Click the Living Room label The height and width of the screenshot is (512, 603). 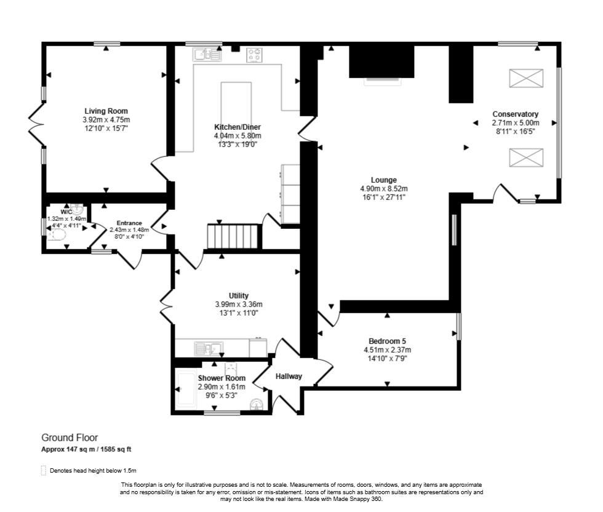coord(106,111)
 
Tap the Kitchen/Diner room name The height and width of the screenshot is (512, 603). coord(237,127)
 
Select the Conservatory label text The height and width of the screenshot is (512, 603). coord(515,114)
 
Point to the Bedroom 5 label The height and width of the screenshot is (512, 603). coord(387,342)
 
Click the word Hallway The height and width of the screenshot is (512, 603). coord(289,376)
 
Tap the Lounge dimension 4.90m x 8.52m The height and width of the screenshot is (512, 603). coord(384,189)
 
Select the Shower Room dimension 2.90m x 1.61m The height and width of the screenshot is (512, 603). coord(222,386)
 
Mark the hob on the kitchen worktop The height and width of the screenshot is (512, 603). coord(255,55)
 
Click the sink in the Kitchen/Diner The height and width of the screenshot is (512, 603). coord(207,55)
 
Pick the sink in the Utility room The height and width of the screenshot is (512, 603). coord(209,349)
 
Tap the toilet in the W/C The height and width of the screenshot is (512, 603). coord(55,241)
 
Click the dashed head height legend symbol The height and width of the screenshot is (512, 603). coord(44,471)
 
